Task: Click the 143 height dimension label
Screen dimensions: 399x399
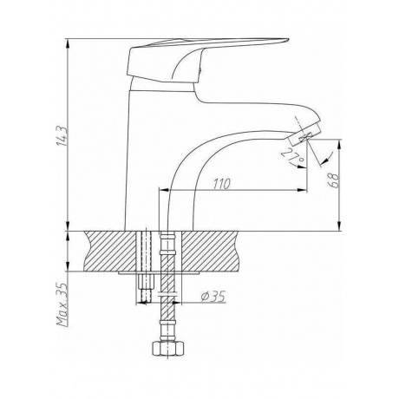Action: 63,135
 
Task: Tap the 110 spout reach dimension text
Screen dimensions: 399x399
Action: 222,184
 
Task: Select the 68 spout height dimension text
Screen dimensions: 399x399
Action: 333,181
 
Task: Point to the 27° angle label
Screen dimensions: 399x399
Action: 292,156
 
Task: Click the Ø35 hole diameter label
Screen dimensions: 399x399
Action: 213,297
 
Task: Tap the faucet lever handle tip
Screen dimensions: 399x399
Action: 288,40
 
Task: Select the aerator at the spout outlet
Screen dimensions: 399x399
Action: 304,134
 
